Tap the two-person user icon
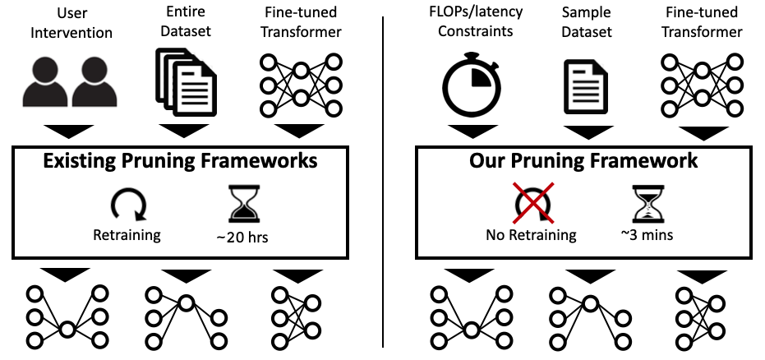pos(68,85)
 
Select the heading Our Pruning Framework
pos(583,160)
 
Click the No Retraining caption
pos(531,235)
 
